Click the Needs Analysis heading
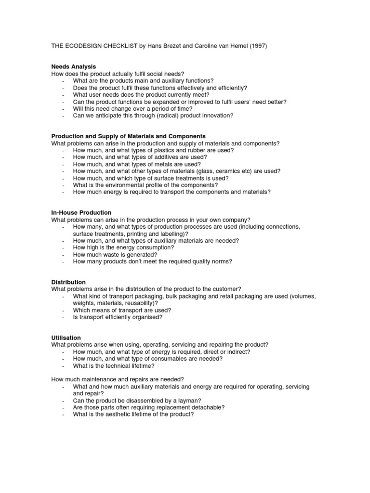click(74, 66)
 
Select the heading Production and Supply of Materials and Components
click(129, 136)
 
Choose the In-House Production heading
click(81, 212)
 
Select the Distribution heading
click(68, 282)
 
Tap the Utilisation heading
click(66, 338)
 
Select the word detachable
click(204, 407)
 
